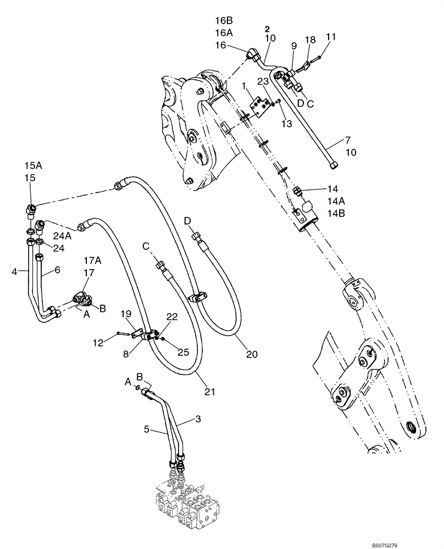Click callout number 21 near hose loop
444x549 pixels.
(209, 392)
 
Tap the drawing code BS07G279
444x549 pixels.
(420, 542)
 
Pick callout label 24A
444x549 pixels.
(62, 237)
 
